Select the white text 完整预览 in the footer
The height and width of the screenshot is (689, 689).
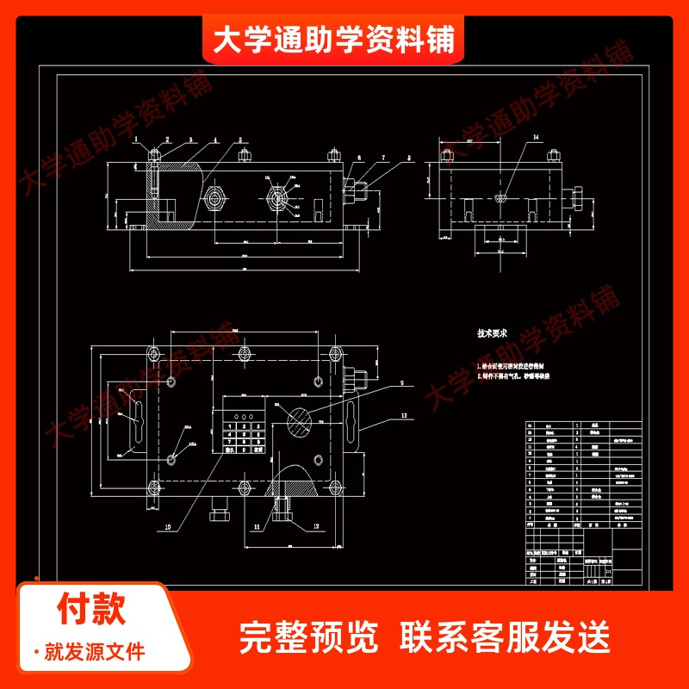(308, 637)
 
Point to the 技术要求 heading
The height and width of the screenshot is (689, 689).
(493, 332)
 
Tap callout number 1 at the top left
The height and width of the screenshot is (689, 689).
(135, 139)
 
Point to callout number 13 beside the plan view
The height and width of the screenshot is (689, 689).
(401, 415)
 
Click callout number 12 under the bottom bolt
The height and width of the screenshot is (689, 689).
(291, 525)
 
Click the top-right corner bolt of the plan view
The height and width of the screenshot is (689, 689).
(335, 353)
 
